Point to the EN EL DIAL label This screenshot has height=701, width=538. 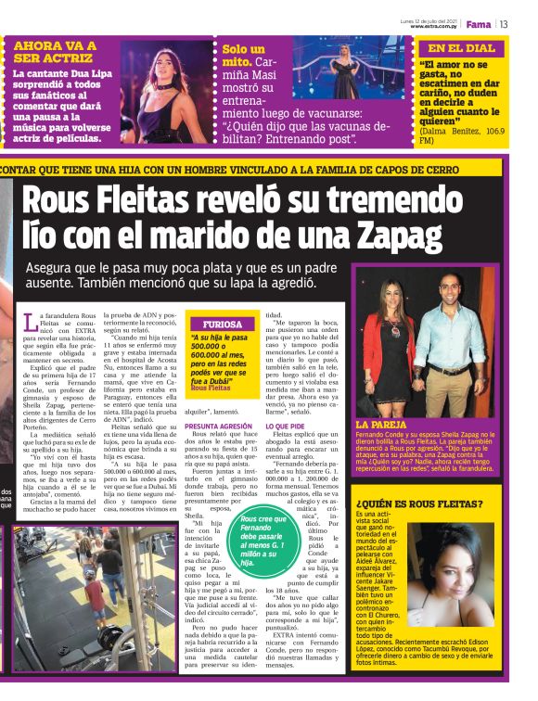tap(461, 48)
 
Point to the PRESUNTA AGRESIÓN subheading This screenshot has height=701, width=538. tap(218, 426)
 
